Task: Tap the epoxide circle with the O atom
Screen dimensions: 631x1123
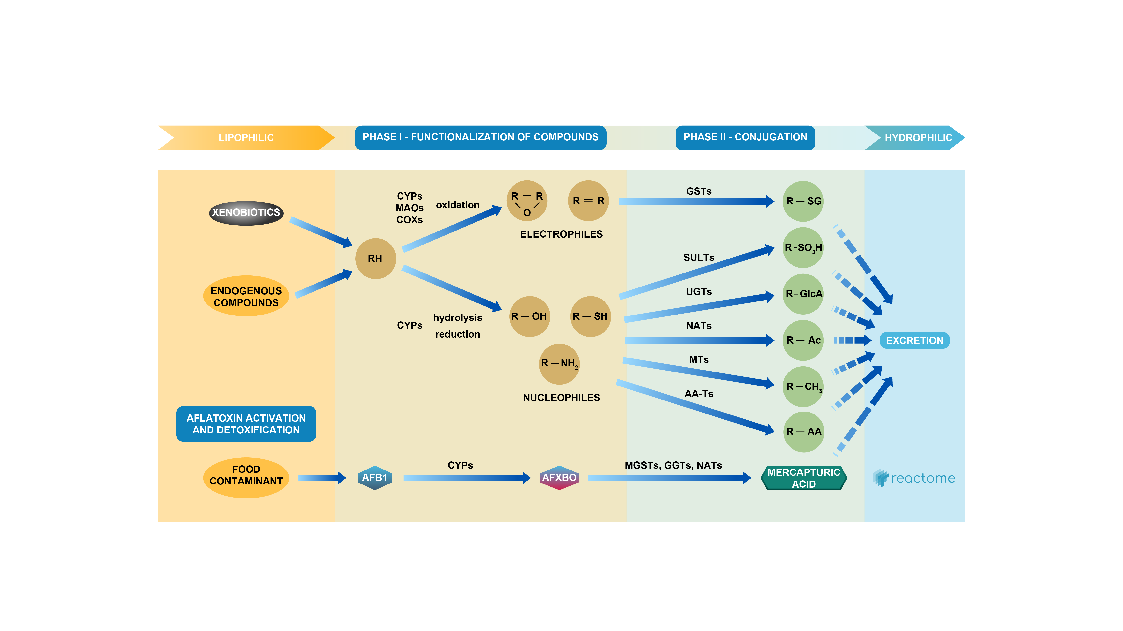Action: pos(527,201)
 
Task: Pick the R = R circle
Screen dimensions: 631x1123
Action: pos(588,201)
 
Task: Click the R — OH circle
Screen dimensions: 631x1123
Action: pos(529,316)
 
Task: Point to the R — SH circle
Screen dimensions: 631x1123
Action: pos(590,316)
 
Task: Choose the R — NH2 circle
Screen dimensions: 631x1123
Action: pos(559,364)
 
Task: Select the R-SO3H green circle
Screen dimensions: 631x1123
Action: pos(803,247)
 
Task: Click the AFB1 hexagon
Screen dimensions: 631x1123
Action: pos(374,478)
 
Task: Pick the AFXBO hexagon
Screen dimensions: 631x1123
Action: pos(559,478)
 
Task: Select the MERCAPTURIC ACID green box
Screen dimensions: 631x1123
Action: pos(803,478)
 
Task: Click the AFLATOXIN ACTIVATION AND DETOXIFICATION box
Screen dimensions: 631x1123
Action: pos(246,424)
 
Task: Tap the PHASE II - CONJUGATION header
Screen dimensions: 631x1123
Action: pos(745,137)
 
